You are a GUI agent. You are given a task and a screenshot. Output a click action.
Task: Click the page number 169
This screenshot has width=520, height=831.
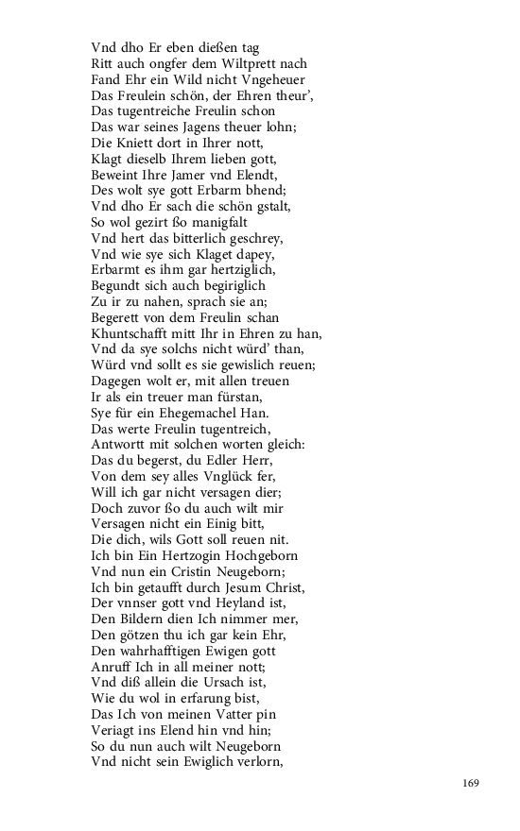[x=473, y=782]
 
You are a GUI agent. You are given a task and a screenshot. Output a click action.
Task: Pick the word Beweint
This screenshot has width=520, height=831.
[x=113, y=175]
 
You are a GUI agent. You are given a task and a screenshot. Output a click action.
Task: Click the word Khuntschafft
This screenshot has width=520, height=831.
[x=130, y=333]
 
